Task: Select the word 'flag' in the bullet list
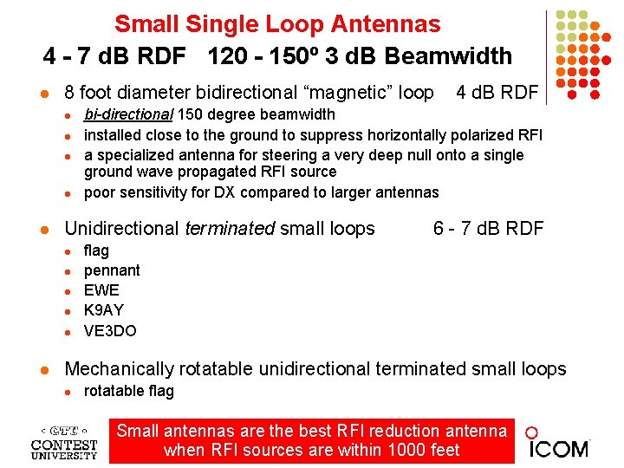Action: (96, 250)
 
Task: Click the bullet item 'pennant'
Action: (111, 270)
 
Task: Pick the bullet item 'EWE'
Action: (101, 290)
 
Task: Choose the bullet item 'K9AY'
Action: (103, 310)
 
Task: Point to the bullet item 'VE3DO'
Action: (109, 330)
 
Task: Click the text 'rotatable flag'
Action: (128, 391)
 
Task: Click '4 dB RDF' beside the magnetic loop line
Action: (497, 92)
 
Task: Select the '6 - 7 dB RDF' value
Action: (488, 228)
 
